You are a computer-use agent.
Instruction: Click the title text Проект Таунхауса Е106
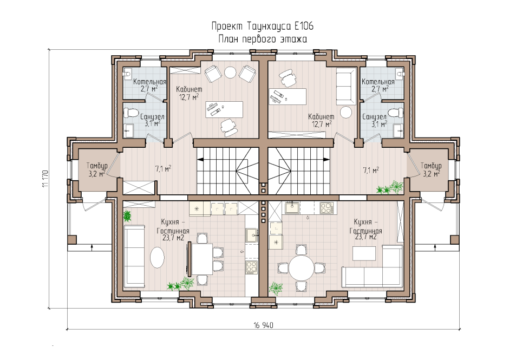coord(263,27)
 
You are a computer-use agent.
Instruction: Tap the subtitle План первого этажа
coord(263,39)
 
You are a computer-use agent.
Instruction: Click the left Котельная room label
coord(149,82)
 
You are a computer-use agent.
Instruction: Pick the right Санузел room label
coord(374,116)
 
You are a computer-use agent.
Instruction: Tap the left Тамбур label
coord(97,166)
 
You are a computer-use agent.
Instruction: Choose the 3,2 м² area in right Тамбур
coord(430,174)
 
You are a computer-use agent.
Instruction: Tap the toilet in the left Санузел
coord(130,113)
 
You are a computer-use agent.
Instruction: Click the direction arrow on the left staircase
coord(200,159)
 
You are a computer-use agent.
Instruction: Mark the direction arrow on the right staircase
coord(327,159)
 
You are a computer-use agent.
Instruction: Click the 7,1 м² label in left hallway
coord(163,169)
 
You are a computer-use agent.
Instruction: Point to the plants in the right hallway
coord(391,188)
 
